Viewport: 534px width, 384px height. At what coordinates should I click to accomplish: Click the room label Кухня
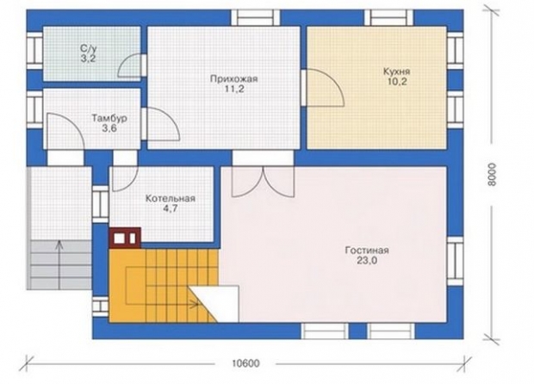(397, 71)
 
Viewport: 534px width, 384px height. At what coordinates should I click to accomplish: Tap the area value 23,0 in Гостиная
(367, 261)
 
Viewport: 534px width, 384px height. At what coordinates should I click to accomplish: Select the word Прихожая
(234, 79)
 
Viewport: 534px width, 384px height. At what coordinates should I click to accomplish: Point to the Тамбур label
(109, 119)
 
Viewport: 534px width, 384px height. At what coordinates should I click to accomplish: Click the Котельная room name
(171, 199)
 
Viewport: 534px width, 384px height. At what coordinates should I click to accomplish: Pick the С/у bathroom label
(88, 49)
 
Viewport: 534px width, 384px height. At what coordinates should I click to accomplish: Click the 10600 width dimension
(245, 363)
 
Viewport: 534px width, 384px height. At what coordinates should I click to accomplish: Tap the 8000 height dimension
(492, 175)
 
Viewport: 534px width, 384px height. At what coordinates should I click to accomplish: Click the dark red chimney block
(125, 238)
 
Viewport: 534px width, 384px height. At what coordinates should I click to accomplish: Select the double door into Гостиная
(263, 182)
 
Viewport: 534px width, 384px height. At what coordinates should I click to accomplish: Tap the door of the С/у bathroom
(129, 65)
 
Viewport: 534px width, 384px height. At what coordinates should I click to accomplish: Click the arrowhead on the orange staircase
(196, 304)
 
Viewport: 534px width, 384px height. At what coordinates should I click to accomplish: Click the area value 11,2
(234, 90)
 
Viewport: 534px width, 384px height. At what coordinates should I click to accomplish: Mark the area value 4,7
(171, 208)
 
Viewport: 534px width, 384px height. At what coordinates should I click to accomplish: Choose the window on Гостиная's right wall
(455, 261)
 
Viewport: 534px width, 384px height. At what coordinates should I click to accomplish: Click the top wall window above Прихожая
(256, 18)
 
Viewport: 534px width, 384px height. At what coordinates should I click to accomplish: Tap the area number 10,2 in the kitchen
(397, 82)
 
